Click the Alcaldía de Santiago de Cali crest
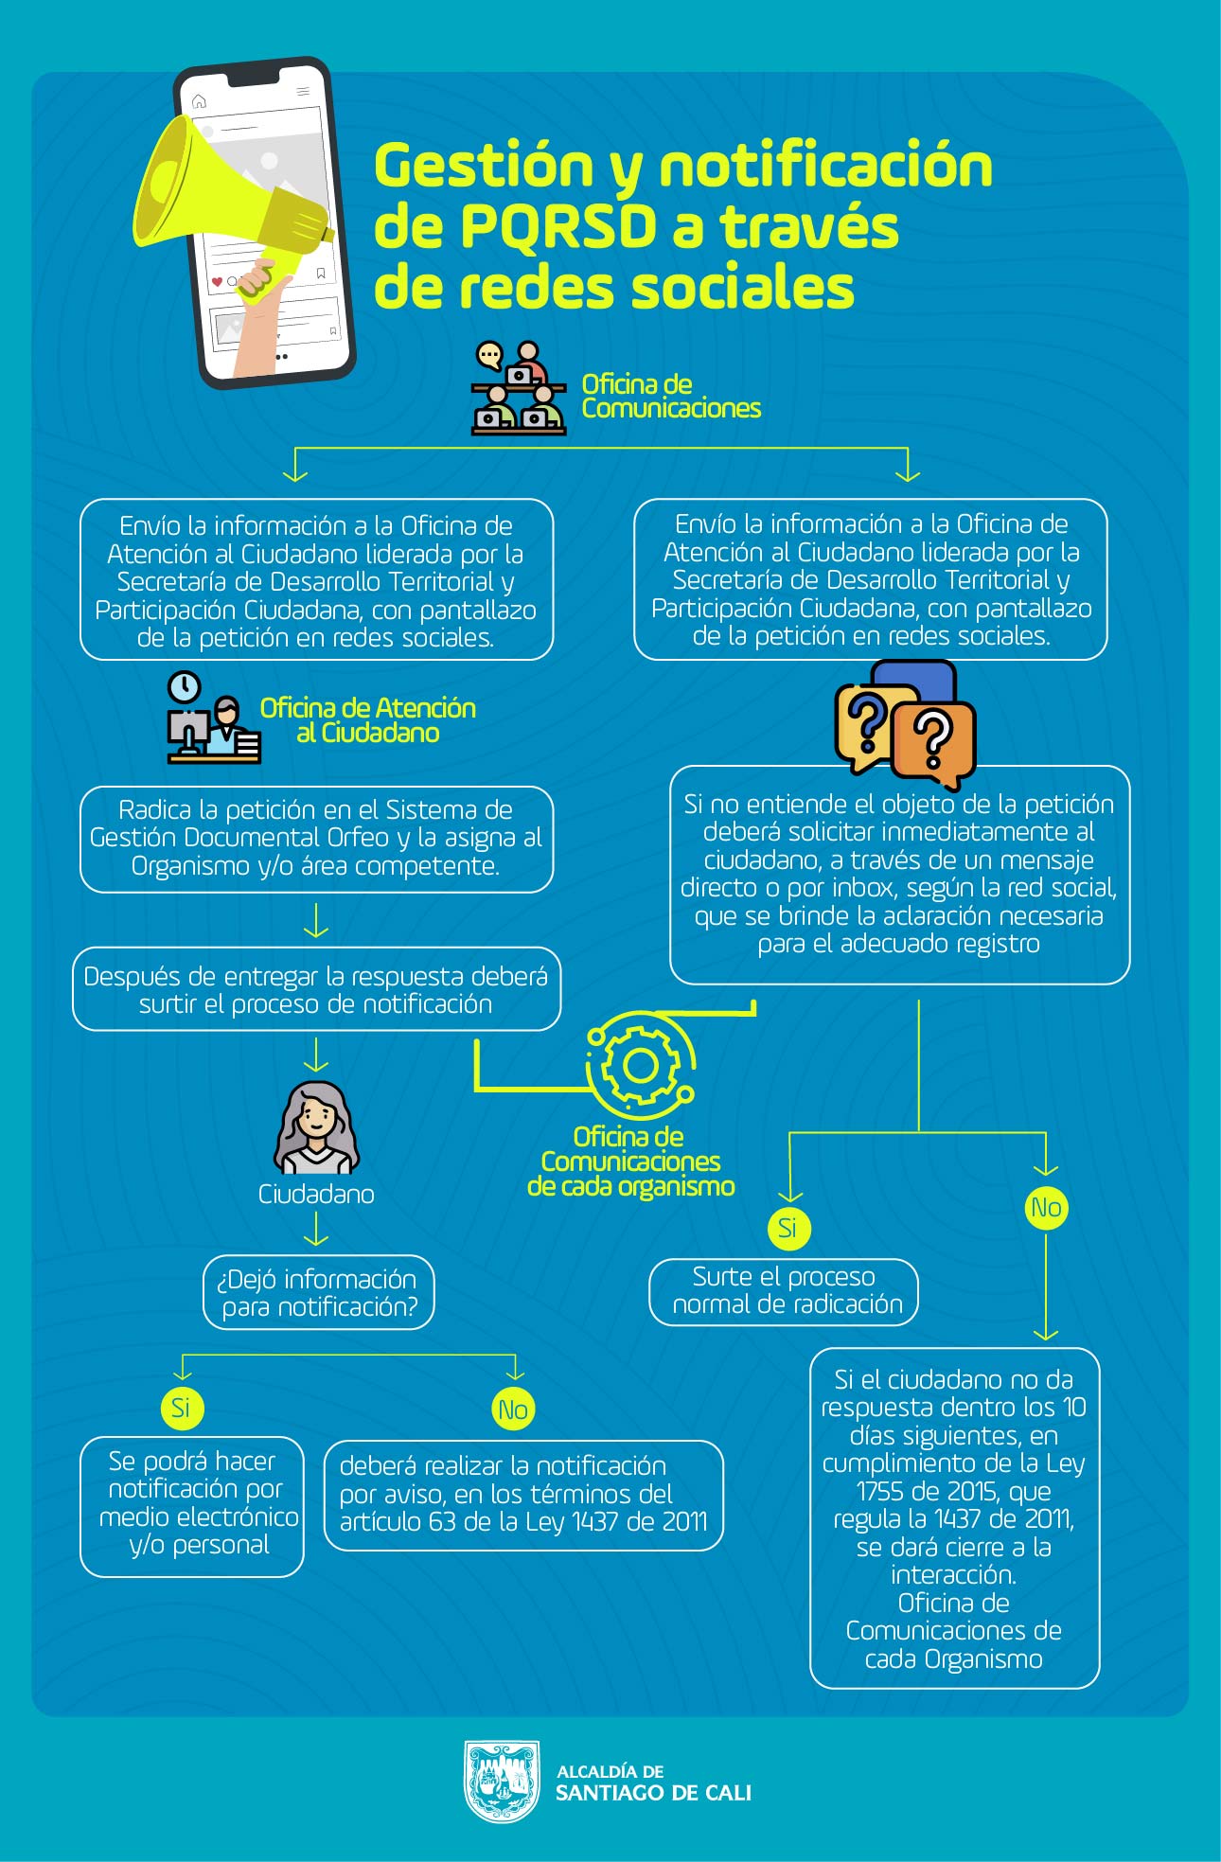[x=502, y=1781]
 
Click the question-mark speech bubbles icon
[x=905, y=725]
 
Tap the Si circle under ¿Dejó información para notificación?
[x=181, y=1408]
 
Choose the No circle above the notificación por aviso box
[x=513, y=1410]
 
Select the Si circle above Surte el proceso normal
[x=788, y=1228]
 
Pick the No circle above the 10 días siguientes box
[x=1046, y=1208]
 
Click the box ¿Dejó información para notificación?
[x=319, y=1292]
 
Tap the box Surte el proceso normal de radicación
[x=784, y=1291]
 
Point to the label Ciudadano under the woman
[x=316, y=1195]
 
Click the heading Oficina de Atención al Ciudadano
[x=368, y=720]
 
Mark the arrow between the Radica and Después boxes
[x=316, y=920]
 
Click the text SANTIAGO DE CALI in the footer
[x=653, y=1793]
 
